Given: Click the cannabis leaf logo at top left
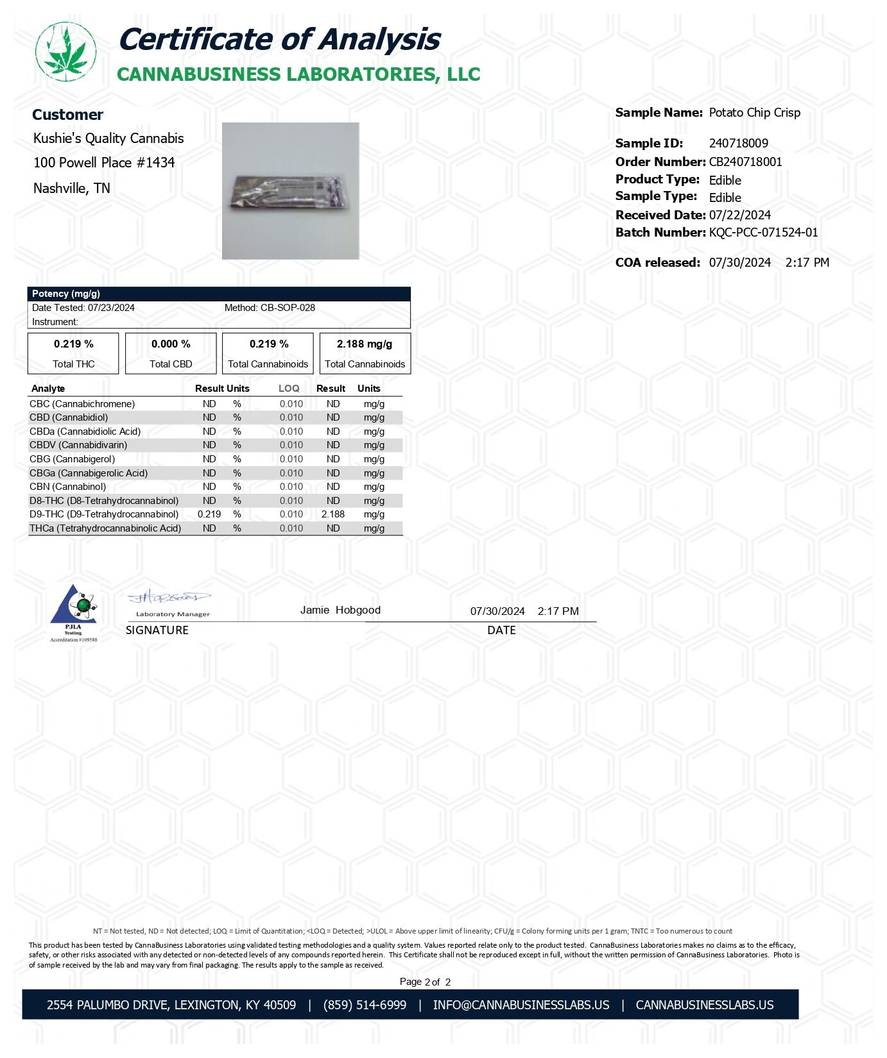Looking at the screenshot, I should point(65,52).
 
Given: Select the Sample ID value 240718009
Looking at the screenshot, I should point(738,144).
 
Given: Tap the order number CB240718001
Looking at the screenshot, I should point(745,162).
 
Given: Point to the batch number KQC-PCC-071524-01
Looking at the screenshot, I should point(763,233).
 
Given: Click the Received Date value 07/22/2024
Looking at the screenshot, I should point(739,215).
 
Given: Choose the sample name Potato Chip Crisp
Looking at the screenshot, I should point(754,113).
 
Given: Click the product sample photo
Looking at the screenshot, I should point(290,191).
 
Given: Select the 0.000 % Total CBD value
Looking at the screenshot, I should point(171,344).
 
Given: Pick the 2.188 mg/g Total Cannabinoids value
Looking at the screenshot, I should point(365,344).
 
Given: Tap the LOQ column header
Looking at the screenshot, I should point(289,389).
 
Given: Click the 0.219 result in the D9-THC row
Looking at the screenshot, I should point(209,514).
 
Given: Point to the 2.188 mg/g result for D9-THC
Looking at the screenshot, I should point(333,514).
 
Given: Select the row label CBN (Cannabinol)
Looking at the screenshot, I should point(68,487).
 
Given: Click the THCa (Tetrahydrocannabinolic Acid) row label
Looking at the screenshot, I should point(105,528).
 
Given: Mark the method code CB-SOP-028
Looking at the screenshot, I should point(288,308).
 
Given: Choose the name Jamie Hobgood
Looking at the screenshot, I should point(340,610).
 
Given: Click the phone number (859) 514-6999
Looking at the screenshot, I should point(365,1005).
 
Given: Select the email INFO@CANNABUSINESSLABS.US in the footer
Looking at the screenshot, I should point(521,1005).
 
